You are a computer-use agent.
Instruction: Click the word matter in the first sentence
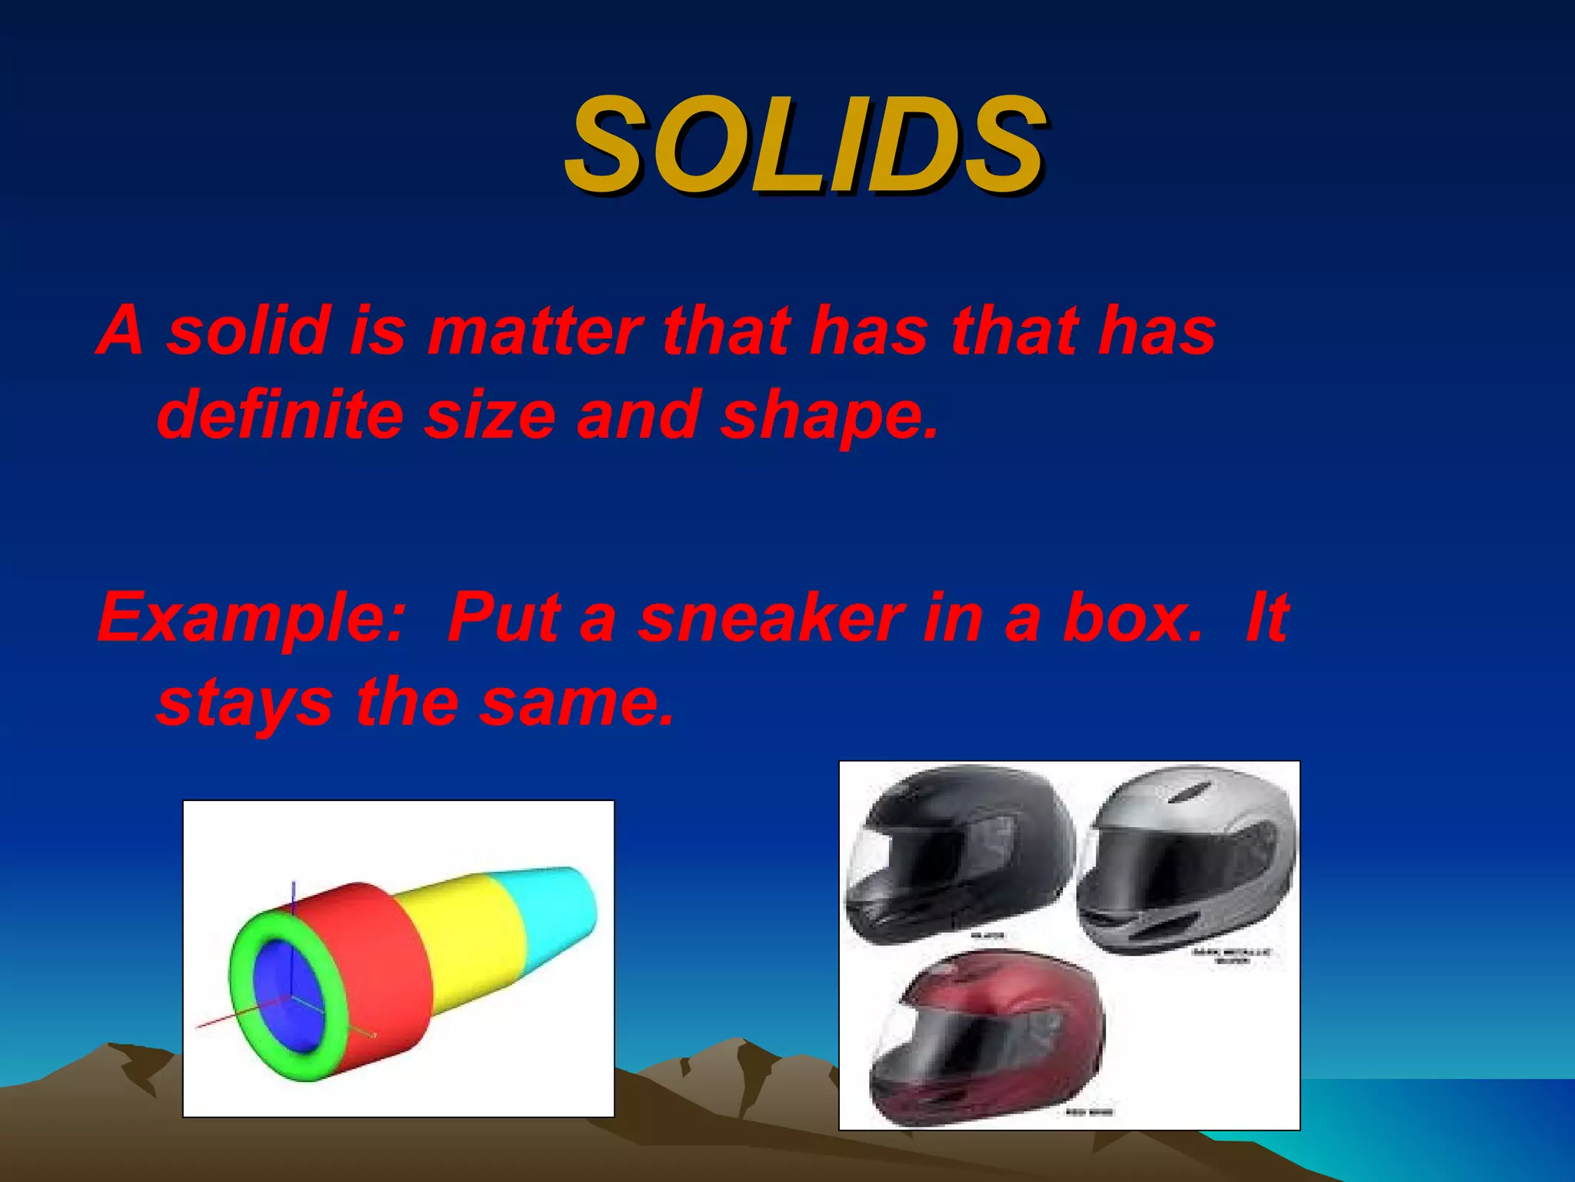point(534,331)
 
